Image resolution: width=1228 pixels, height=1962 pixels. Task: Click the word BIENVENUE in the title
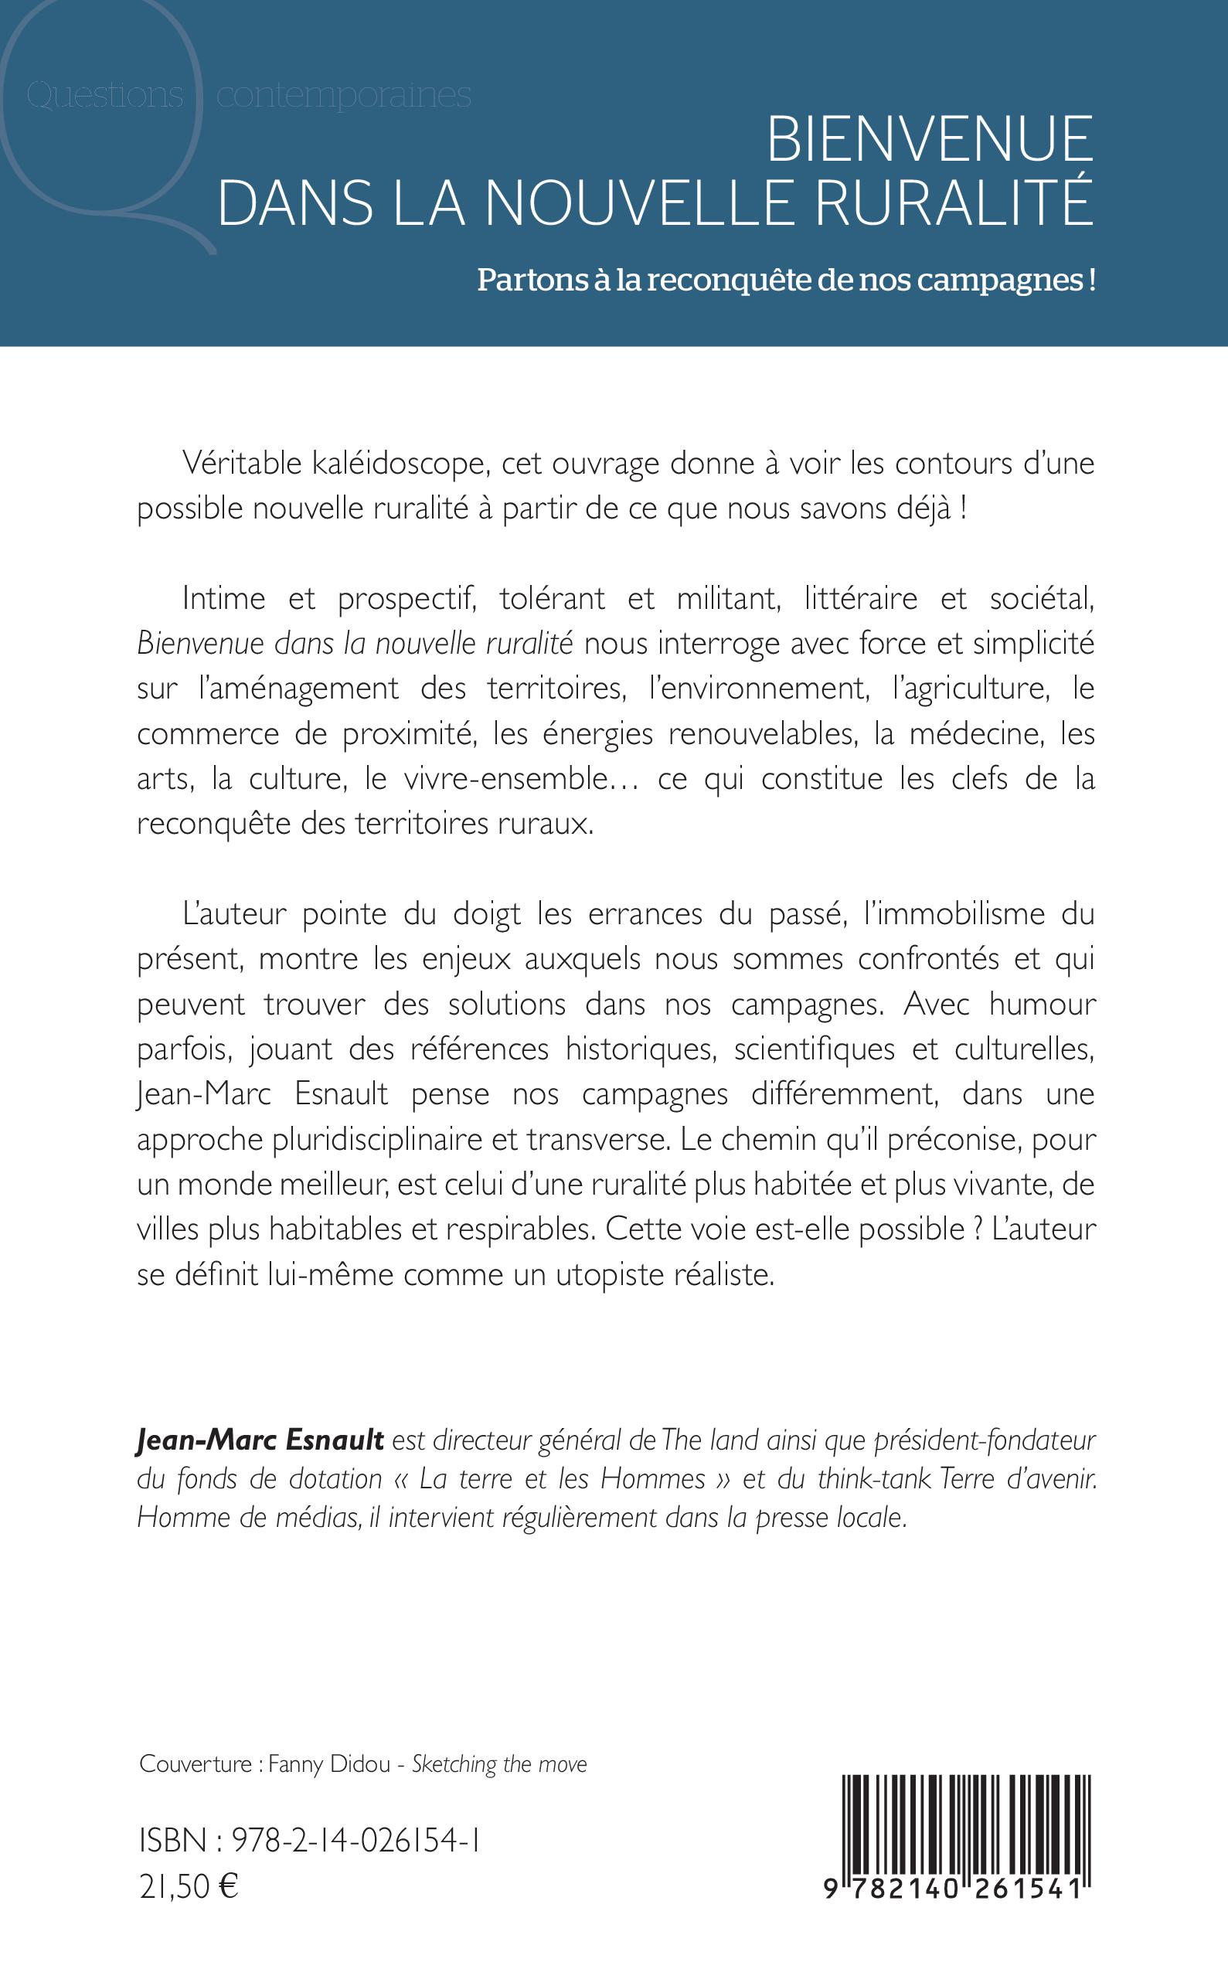pyautogui.click(x=929, y=140)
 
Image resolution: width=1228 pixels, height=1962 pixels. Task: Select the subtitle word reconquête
pyautogui.click(x=736, y=281)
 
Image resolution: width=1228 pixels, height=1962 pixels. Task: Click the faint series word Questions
pyautogui.click(x=104, y=96)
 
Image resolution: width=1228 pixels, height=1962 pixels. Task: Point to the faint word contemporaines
pyautogui.click(x=345, y=96)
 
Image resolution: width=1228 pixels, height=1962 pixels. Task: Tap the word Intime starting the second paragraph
pyautogui.click(x=224, y=599)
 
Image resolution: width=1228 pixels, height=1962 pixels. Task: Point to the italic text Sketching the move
pyautogui.click(x=499, y=1764)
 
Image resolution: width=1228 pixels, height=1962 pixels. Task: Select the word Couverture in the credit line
pyautogui.click(x=195, y=1764)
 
